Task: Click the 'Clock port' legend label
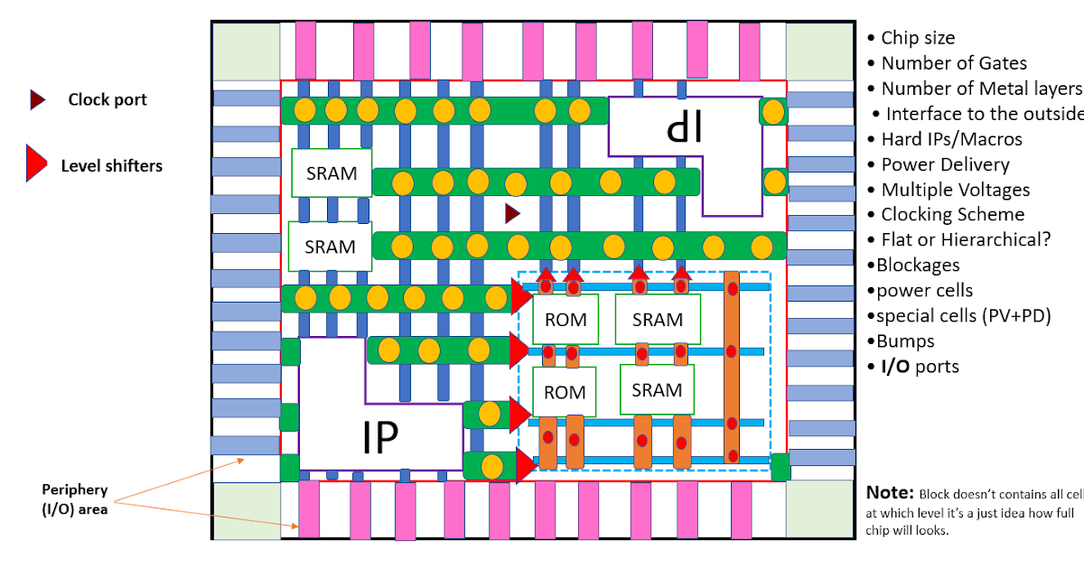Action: click(x=107, y=100)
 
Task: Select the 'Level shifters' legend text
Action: click(x=111, y=165)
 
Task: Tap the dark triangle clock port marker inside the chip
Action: click(x=512, y=213)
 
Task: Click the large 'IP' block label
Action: click(x=379, y=438)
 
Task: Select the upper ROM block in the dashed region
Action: click(x=565, y=319)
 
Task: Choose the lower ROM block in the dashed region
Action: click(x=565, y=392)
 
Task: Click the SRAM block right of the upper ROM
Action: click(x=657, y=319)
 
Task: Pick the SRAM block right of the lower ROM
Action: click(x=657, y=390)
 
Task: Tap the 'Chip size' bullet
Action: click(x=917, y=38)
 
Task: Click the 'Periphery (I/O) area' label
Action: click(x=74, y=499)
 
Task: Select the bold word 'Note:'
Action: click(x=890, y=493)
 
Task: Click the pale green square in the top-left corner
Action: click(x=245, y=51)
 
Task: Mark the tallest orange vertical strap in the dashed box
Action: click(x=733, y=370)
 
